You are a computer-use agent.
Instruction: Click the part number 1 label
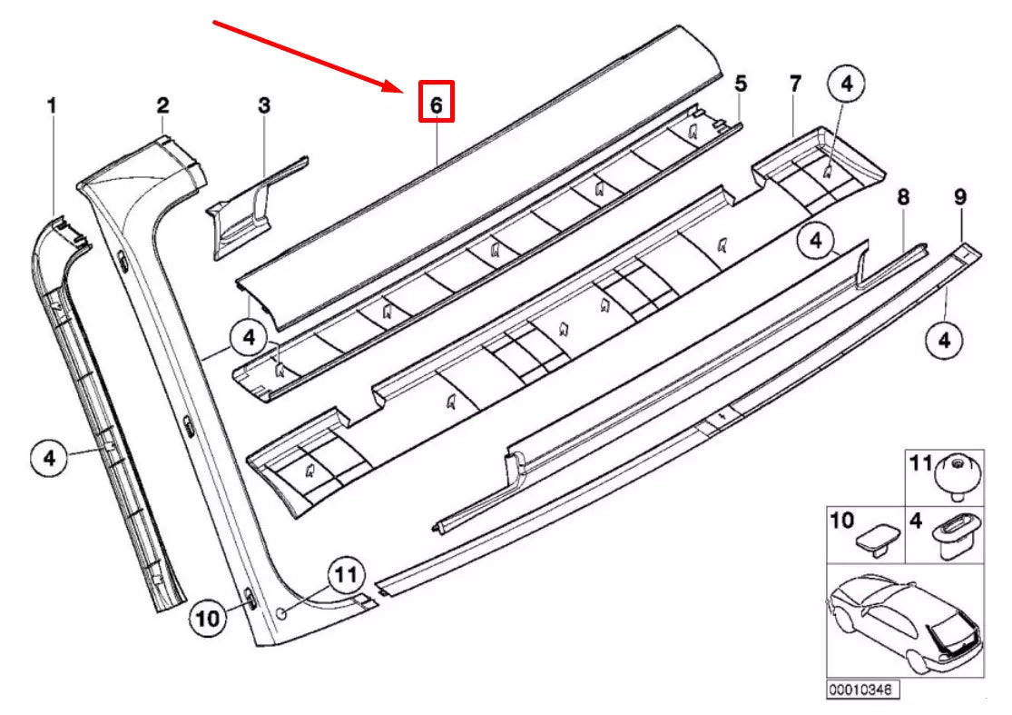[52, 106]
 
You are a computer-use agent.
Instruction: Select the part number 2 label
[162, 105]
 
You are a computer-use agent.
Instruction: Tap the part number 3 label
[264, 105]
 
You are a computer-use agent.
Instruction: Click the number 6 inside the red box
[436, 104]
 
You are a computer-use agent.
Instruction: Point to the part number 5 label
[741, 84]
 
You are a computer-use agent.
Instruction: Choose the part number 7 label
[795, 84]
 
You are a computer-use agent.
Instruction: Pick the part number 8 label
[903, 196]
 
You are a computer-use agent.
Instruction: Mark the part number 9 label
[960, 196]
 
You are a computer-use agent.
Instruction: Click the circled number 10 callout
[210, 619]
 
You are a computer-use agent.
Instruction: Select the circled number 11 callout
[345, 574]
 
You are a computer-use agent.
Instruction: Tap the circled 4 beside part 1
[50, 457]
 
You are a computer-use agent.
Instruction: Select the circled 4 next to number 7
[846, 84]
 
